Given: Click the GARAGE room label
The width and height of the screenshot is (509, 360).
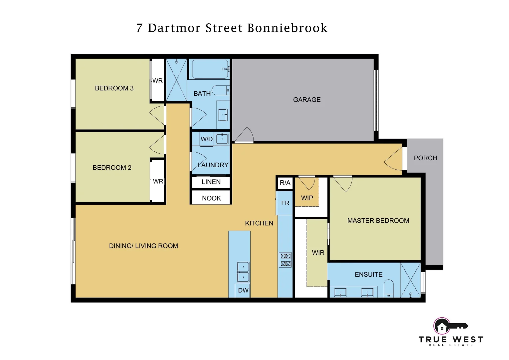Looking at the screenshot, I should tap(307, 100).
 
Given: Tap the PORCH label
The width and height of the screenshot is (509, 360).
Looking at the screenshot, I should tap(425, 158).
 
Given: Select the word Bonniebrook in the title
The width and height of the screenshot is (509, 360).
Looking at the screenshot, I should tap(287, 28).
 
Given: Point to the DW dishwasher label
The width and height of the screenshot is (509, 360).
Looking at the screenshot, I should tap(243, 290).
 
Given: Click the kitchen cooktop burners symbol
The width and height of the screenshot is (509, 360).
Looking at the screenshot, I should tap(285, 260).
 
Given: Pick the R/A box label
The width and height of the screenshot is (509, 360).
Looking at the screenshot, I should tap(285, 183).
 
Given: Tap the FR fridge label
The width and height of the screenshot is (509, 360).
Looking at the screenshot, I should tap(285, 203).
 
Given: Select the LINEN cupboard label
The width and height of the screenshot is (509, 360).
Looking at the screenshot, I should tap(211, 182).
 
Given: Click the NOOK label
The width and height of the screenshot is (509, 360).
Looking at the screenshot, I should tap(212, 198).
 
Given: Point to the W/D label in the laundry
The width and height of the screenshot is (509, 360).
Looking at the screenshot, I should tap(207, 139).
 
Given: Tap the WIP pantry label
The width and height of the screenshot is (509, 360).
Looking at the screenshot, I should tap(307, 198).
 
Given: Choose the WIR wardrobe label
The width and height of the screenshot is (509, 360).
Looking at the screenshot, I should tap(318, 253).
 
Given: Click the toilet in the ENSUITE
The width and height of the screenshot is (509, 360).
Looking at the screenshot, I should tap(389, 288).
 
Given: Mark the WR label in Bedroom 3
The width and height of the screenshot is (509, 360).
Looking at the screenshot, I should tap(158, 81).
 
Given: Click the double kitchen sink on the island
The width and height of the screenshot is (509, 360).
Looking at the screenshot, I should tap(243, 272).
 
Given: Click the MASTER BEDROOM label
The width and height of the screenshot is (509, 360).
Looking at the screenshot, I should tap(378, 221).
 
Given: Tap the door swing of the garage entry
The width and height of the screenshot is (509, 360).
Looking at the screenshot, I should tap(245, 135).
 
